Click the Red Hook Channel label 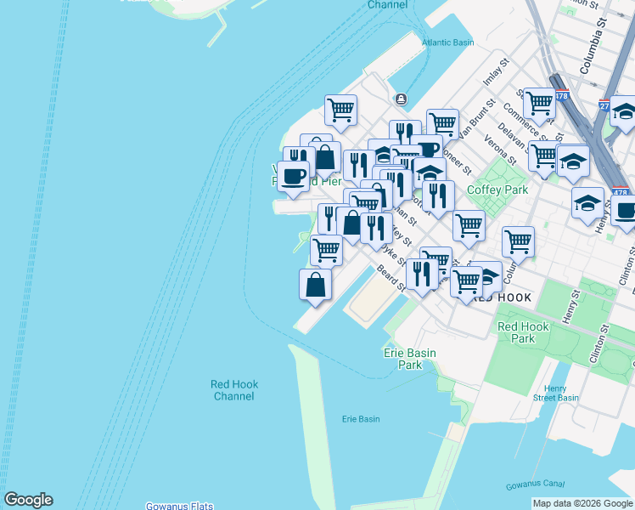click(x=233, y=390)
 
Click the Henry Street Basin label click(x=555, y=393)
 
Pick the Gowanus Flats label click(x=179, y=506)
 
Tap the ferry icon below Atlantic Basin click(x=400, y=99)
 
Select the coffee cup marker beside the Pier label click(x=293, y=176)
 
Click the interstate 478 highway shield click(x=561, y=96)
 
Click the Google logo click(x=28, y=500)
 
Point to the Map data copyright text click(x=583, y=503)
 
